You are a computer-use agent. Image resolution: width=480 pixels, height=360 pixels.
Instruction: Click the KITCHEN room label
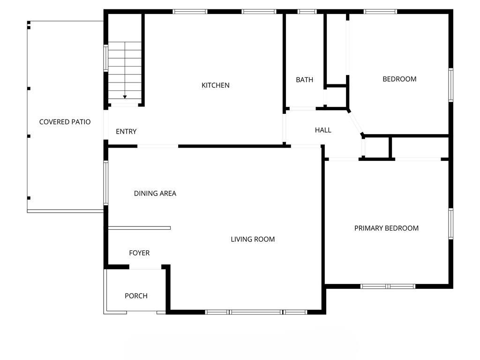pyautogui.click(x=216, y=85)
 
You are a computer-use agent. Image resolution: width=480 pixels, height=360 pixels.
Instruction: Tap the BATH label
pyautogui.click(x=305, y=80)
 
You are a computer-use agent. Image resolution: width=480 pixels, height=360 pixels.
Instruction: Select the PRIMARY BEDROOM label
pyautogui.click(x=386, y=228)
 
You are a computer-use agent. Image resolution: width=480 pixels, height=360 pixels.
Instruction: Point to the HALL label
pyautogui.click(x=323, y=130)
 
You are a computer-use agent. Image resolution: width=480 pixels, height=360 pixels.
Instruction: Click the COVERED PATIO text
pyautogui.click(x=65, y=122)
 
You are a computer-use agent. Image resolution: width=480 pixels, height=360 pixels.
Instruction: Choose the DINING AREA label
pyautogui.click(x=155, y=194)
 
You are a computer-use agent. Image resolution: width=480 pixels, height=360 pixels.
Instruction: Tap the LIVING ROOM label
pyautogui.click(x=253, y=240)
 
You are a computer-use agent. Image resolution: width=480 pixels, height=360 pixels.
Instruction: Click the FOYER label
pyautogui.click(x=139, y=253)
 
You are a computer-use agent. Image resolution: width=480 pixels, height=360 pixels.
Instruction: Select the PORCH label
pyautogui.click(x=136, y=296)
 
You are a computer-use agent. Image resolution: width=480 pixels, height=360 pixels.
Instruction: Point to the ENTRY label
pyautogui.click(x=126, y=132)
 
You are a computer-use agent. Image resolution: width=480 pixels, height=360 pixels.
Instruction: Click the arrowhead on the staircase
pyautogui.click(x=125, y=97)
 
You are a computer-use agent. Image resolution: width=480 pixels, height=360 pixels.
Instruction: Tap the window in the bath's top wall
pyautogui.click(x=307, y=12)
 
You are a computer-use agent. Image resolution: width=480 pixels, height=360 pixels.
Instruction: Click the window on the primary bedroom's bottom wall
pyautogui.click(x=388, y=286)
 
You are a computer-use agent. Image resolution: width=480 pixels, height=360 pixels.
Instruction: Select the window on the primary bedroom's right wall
pyautogui.click(x=450, y=224)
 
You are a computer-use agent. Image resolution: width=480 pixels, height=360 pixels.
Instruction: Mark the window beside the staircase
pyautogui.click(x=106, y=58)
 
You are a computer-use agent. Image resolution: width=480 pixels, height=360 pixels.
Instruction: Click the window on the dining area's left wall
pyautogui.click(x=106, y=183)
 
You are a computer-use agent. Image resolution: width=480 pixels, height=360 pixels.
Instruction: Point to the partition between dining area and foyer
pyautogui.click(x=139, y=228)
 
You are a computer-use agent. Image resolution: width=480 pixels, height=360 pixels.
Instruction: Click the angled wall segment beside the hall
pyautogui.click(x=355, y=122)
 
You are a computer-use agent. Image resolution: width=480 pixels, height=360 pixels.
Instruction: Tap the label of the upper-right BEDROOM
pyautogui.click(x=399, y=79)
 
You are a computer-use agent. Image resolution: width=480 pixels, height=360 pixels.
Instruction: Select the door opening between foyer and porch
pyautogui.click(x=145, y=267)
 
